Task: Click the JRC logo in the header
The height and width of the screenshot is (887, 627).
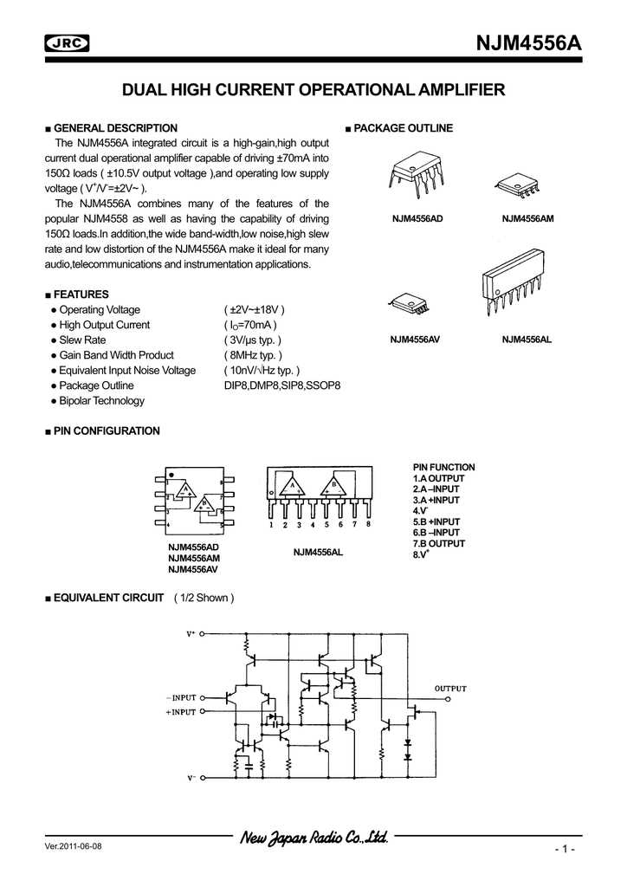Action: (x=67, y=42)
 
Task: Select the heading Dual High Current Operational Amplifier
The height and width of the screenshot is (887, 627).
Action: (x=313, y=89)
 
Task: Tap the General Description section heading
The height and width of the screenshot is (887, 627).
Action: (x=115, y=128)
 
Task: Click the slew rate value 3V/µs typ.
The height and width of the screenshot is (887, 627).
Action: (x=253, y=340)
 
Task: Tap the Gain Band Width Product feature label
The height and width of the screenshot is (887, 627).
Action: (x=116, y=355)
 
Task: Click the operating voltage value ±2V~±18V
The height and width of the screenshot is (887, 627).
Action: (x=255, y=310)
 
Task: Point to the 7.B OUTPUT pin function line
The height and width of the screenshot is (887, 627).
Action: (x=439, y=543)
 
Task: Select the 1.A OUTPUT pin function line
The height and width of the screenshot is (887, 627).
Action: (x=439, y=478)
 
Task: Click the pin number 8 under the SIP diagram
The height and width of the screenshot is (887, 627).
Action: (x=369, y=525)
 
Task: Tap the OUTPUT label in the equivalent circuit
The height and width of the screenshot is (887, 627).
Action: (x=449, y=689)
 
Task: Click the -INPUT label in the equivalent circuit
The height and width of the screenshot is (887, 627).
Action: (x=181, y=696)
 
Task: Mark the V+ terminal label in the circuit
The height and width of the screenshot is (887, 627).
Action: (x=191, y=634)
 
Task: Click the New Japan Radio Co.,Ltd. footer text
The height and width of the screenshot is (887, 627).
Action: (x=313, y=838)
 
